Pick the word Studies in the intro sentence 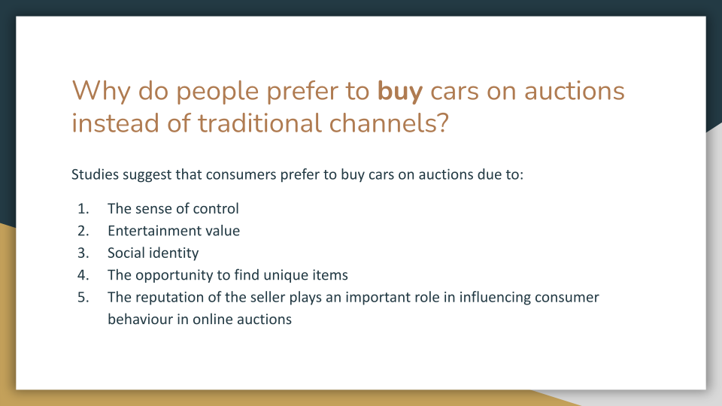[95, 175]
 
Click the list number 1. [82, 209]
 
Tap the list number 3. [82, 253]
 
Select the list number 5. [82, 297]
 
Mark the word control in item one [216, 209]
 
